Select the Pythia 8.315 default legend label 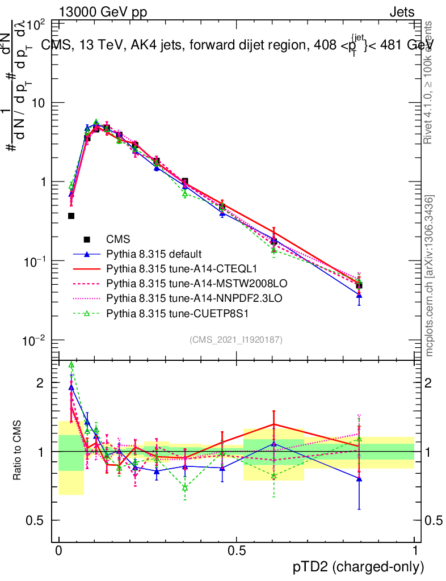pos(154,254)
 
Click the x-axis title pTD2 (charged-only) pos(358,567)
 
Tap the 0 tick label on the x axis pos(58,551)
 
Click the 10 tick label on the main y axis pos(40,103)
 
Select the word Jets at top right pos(401,12)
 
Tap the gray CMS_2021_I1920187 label pos(236,340)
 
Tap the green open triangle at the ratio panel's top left pos(71,365)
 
